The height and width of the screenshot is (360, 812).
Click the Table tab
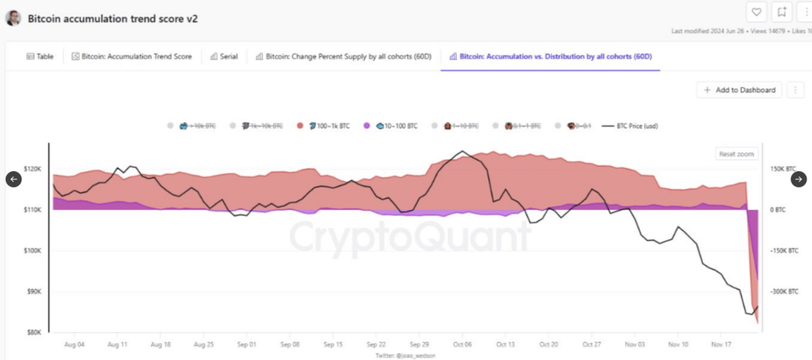(40, 57)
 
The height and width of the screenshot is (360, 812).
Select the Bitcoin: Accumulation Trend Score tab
(132, 57)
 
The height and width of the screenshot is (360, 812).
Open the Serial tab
(224, 57)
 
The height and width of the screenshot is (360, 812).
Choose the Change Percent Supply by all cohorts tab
(343, 57)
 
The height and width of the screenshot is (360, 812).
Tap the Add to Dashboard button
(739, 90)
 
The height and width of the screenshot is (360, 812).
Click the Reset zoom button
(737, 154)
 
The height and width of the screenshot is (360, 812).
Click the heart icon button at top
(756, 12)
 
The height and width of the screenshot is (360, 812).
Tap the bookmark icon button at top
(782, 12)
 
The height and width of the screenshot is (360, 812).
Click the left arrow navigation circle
(13, 179)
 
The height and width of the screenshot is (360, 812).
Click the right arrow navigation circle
(799, 179)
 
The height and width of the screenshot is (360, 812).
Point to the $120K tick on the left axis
(33, 169)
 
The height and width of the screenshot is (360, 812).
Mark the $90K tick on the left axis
(33, 292)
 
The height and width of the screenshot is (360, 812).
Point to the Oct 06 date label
(462, 346)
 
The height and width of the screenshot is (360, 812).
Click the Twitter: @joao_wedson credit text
(405, 356)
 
